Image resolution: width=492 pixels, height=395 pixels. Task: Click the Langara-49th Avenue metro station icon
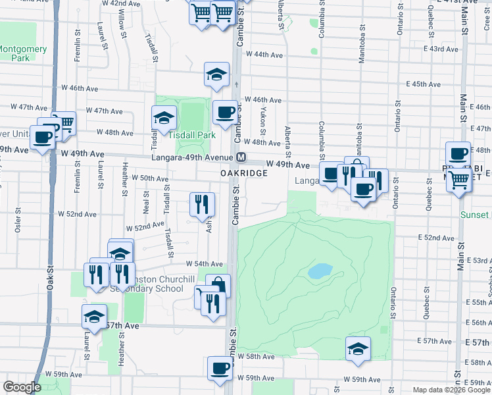[x=241, y=157]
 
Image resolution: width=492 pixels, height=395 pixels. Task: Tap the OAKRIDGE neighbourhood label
[x=243, y=172]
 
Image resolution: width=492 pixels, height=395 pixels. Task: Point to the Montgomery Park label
[x=23, y=53]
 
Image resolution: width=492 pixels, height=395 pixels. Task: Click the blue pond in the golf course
[x=320, y=271]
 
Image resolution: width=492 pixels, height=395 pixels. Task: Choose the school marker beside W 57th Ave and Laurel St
[x=94, y=317]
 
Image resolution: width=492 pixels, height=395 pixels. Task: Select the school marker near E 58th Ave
[x=358, y=349]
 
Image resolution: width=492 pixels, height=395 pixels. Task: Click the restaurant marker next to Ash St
[x=202, y=203]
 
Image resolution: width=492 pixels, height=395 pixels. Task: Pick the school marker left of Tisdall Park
[x=164, y=118]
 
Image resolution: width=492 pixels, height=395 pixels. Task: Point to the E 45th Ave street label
[x=423, y=84]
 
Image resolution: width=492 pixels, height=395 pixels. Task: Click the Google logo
[x=22, y=387]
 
